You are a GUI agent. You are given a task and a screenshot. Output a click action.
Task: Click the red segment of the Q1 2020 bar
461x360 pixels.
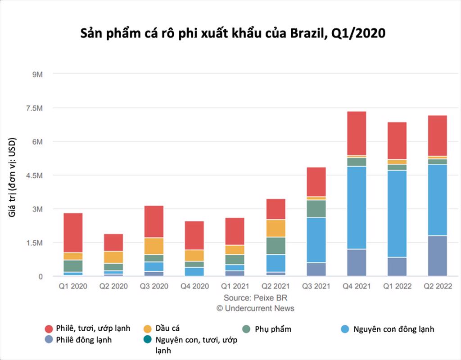[x=73, y=233]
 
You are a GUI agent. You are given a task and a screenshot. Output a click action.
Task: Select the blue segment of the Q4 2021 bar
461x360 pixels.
[x=357, y=207]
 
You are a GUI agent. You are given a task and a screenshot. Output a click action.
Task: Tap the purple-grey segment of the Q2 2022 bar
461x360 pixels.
[x=438, y=256]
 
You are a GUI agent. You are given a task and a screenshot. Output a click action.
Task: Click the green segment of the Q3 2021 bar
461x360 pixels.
[x=316, y=209]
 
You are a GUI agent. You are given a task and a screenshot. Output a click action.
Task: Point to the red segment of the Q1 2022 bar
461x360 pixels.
[x=397, y=141]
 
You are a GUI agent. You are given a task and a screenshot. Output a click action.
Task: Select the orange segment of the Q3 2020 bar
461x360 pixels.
[x=154, y=246]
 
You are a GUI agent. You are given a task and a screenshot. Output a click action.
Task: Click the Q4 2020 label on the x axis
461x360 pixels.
[x=194, y=287]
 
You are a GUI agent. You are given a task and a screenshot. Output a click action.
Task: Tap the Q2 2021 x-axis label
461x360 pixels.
[x=276, y=287]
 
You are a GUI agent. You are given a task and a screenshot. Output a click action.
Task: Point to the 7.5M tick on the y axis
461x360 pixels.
[x=34, y=108]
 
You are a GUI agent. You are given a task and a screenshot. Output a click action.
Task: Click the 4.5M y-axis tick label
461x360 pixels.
[x=34, y=175]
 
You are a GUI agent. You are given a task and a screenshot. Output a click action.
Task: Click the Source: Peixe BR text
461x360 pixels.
[x=255, y=298]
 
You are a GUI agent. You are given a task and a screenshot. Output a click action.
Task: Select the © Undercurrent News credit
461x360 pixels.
[x=255, y=308]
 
